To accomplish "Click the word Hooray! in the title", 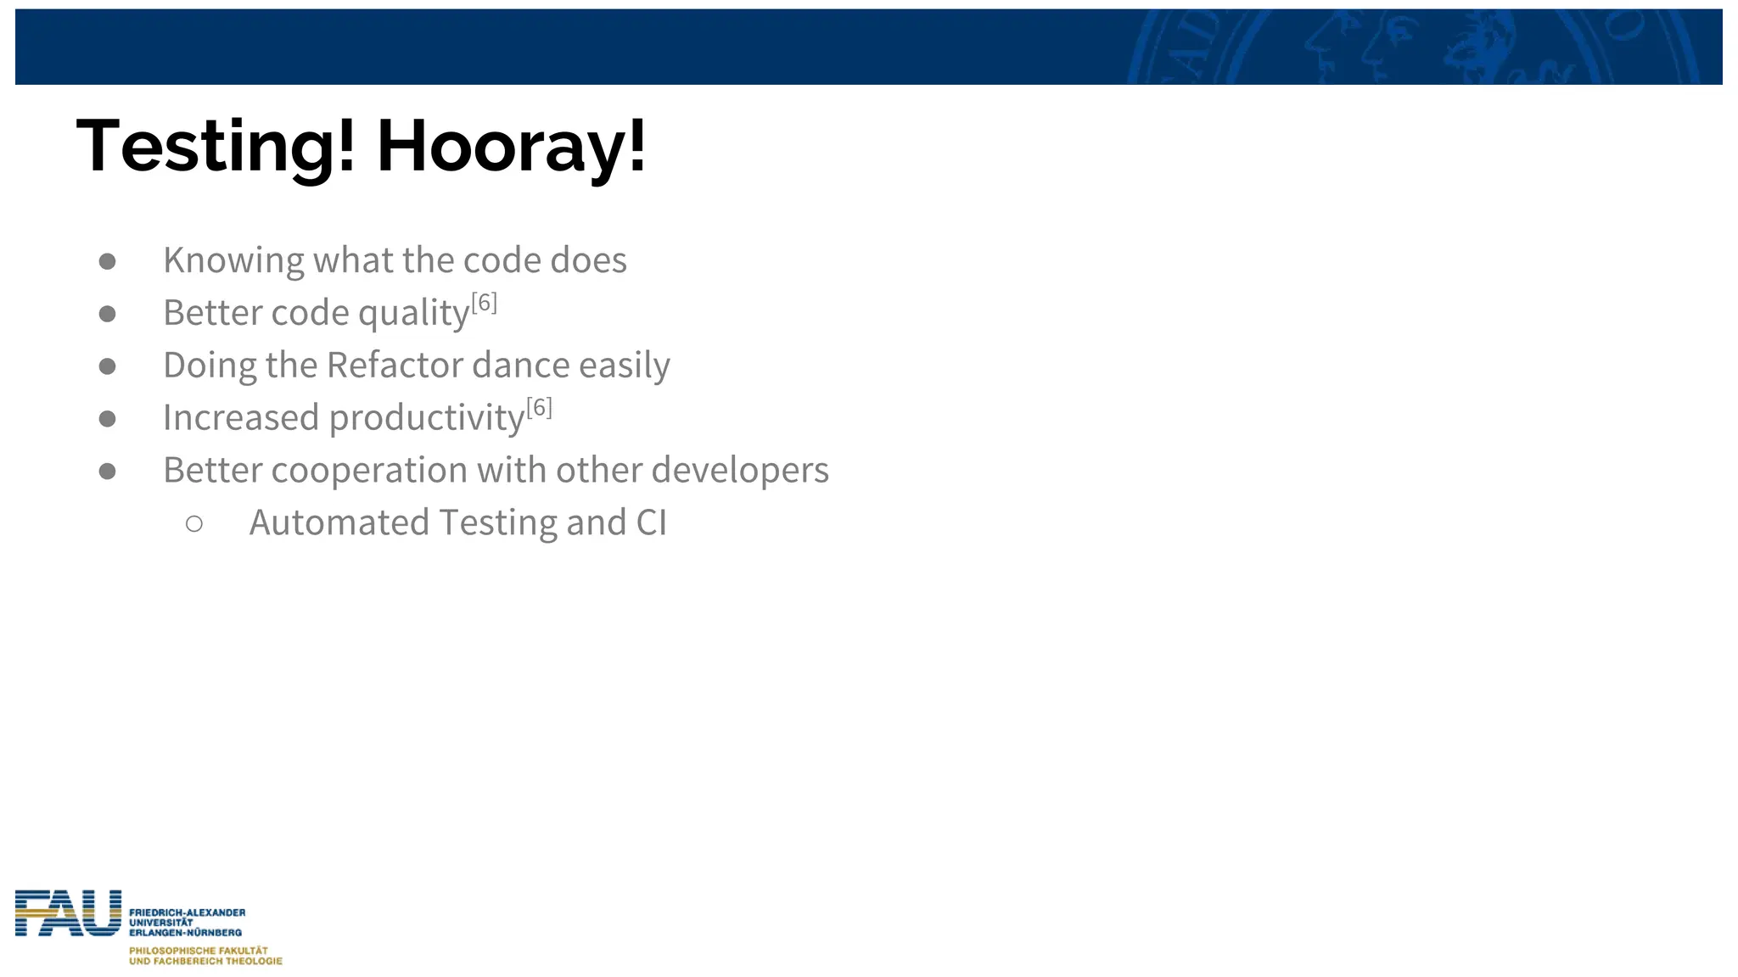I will [512, 148].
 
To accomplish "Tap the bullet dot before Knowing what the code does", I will [107, 261].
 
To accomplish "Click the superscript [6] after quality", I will [484, 303].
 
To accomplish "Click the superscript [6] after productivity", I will [539, 408].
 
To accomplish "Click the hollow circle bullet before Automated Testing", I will [194, 524].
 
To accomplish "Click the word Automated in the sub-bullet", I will [339, 522].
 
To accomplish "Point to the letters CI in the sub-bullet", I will [651, 522].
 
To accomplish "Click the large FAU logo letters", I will [68, 913].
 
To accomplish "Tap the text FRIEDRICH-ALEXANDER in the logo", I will [187, 913].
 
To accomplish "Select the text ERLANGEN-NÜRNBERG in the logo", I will [185, 932].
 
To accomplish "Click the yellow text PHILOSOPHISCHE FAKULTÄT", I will [198, 951].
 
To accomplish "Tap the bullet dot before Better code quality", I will [107, 314].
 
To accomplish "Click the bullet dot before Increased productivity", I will [107, 419].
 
